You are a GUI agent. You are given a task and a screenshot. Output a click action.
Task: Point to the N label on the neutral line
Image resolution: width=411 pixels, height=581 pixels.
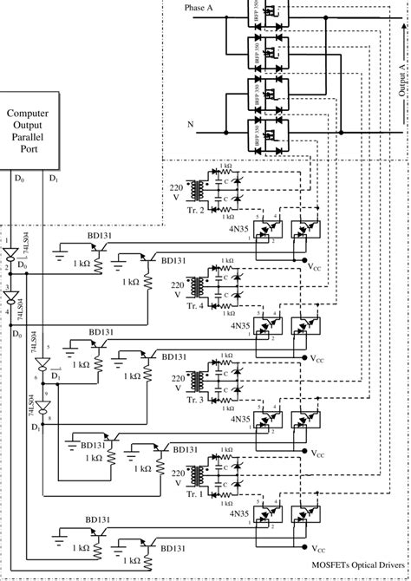[190, 124]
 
